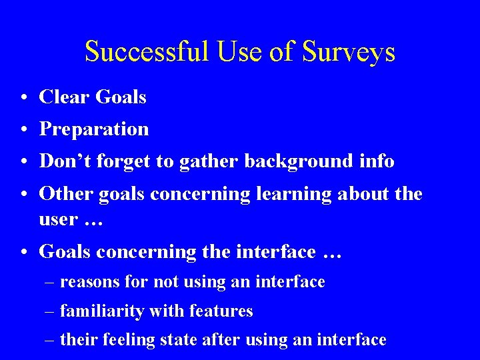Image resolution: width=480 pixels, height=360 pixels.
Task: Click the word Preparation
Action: pos(94,129)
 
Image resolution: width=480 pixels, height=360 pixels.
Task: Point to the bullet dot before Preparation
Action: pos(23,129)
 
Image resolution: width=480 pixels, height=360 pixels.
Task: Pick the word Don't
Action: pos(61,161)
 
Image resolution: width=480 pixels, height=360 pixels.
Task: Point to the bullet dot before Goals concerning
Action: pos(23,252)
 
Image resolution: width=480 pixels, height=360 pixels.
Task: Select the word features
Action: pos(221,311)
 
